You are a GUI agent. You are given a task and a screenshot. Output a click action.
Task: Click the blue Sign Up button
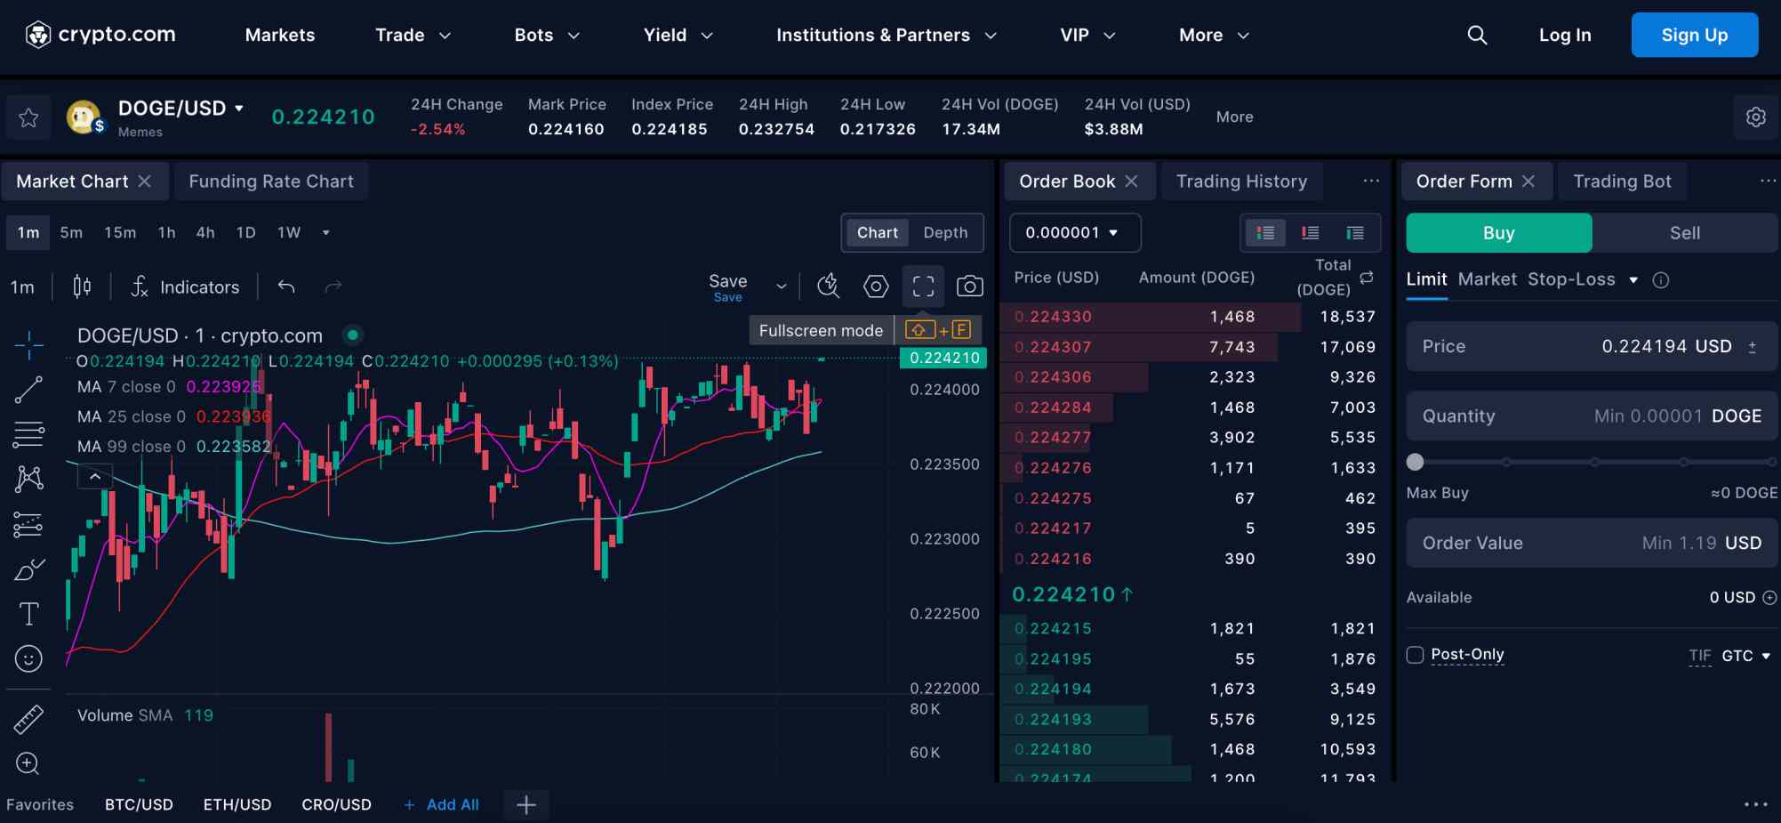point(1694,36)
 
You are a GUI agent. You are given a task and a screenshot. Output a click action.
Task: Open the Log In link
point(1565,36)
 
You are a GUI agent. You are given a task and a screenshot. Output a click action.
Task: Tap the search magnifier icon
point(1477,36)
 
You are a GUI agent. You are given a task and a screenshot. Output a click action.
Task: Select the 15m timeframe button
point(120,233)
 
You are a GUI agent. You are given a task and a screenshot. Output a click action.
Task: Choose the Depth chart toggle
point(945,233)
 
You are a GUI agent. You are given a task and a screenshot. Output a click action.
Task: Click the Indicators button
point(186,286)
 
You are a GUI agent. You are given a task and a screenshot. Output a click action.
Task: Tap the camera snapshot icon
point(969,286)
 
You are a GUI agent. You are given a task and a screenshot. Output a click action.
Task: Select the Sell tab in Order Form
point(1684,233)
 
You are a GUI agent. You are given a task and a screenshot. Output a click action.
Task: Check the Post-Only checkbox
point(1416,655)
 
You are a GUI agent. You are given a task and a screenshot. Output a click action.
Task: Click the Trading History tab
point(1241,182)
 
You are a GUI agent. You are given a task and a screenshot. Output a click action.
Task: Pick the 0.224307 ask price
point(1053,347)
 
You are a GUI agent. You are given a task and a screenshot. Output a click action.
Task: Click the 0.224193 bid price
point(1053,720)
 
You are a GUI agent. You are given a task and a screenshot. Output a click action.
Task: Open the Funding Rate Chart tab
point(271,182)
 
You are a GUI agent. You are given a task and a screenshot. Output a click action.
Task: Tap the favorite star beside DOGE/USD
point(28,117)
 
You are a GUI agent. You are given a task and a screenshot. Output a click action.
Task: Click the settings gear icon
point(1755,117)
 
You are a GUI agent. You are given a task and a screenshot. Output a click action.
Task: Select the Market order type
point(1487,279)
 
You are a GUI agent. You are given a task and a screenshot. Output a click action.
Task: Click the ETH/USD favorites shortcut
point(237,804)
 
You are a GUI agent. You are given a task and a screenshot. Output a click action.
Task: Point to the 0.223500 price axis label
point(944,464)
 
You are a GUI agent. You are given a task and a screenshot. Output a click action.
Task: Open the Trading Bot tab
point(1622,182)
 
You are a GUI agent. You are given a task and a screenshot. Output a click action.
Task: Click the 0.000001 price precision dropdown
point(1073,233)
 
